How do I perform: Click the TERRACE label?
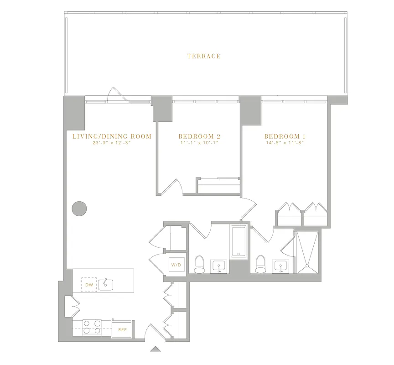coord(203,56)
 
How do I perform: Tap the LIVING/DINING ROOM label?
coord(112,136)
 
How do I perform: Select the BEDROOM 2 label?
coord(199,136)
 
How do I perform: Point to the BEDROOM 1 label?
coord(285,136)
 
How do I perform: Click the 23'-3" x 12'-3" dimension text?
coord(112,143)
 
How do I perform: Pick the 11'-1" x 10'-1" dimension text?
coord(199,143)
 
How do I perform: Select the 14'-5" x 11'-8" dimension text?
coord(285,143)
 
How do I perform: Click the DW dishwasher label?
coord(89,285)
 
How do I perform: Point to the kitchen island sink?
coord(106,283)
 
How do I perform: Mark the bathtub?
coord(239,242)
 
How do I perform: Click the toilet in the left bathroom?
coord(199,264)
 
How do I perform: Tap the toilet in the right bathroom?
coord(260,264)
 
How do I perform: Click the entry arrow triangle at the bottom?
coord(156,349)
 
